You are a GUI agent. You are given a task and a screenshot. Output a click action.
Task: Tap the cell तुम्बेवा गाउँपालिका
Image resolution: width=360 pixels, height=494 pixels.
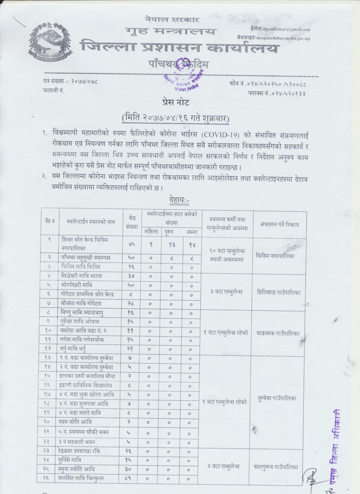click(x=277, y=398)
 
